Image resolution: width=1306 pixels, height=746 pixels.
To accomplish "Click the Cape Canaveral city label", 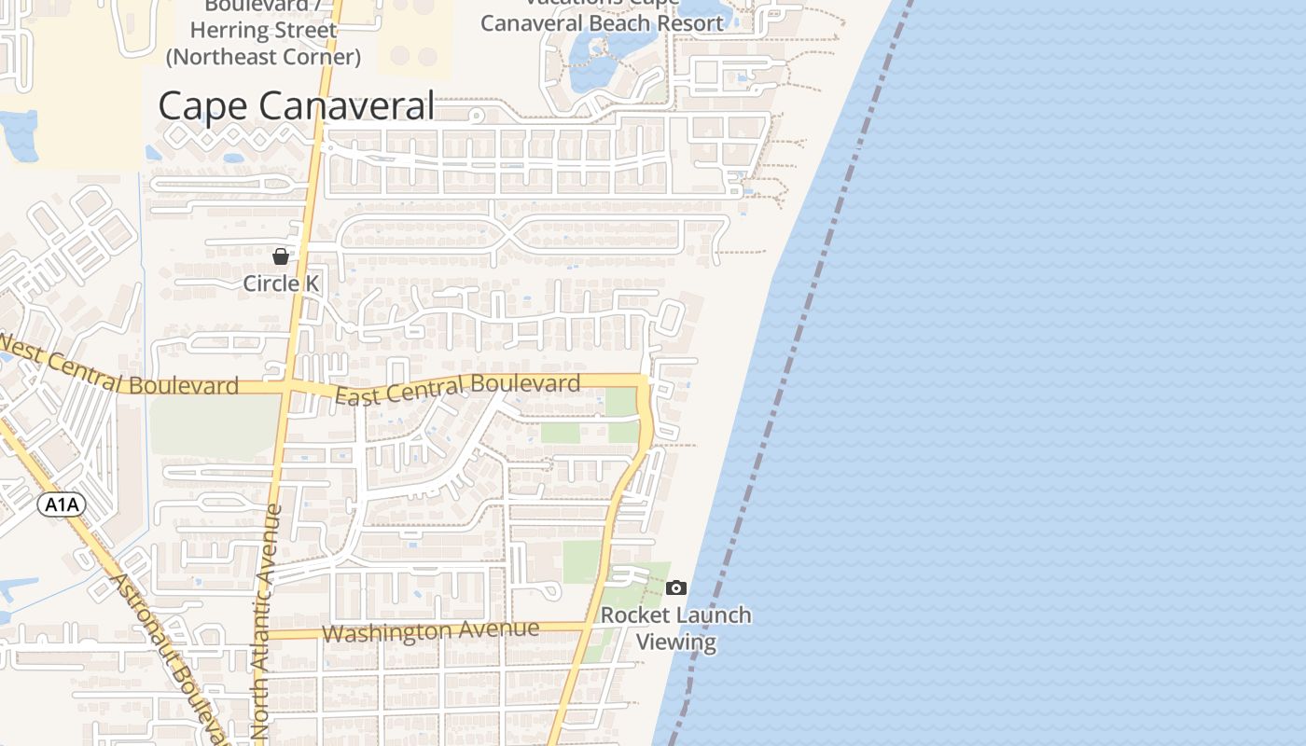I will pos(296,105).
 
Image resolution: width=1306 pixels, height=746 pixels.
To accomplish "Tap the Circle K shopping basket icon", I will pos(281,256).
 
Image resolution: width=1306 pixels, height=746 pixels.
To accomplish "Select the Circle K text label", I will pos(281,283).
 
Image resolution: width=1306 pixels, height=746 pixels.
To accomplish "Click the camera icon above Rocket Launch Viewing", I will pos(676,587).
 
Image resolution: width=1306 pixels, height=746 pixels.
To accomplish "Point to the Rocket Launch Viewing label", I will pos(676,628).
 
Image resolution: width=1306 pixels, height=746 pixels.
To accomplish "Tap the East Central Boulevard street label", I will pos(457,389).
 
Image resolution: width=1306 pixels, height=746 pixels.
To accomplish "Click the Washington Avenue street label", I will pos(430,631).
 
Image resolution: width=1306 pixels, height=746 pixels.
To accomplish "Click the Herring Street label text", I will pos(263,31).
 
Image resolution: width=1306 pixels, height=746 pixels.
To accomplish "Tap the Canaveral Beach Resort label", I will pos(602,22).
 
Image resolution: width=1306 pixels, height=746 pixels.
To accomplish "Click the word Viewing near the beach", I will pos(676,642).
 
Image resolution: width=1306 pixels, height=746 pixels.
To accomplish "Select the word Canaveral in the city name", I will pos(347,105).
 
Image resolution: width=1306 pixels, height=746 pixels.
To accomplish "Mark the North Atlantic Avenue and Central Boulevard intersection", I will pos(287,384).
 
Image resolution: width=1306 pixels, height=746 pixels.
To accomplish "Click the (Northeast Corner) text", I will pos(263,57).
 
